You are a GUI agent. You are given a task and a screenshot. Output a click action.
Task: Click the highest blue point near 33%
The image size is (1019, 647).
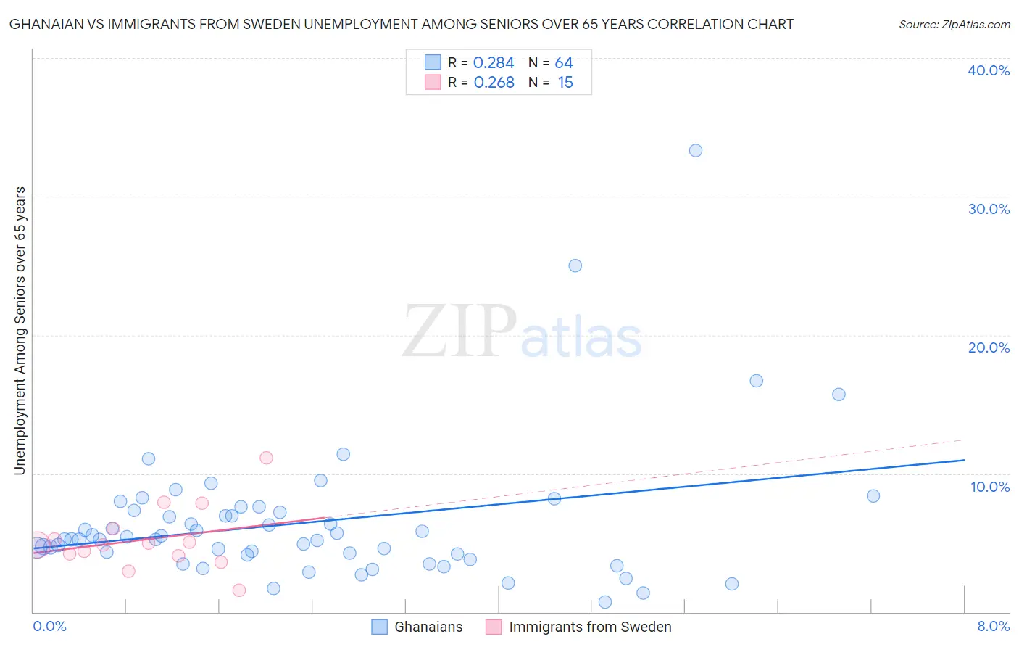(x=695, y=151)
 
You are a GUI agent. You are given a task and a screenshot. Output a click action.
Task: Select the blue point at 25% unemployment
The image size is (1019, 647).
(x=575, y=265)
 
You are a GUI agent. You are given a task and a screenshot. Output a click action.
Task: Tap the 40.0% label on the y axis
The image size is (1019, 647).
(x=989, y=70)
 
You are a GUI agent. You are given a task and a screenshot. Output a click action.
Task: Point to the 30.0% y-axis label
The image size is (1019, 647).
(x=989, y=209)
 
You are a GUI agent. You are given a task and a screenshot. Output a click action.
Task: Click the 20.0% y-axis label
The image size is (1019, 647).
(x=989, y=347)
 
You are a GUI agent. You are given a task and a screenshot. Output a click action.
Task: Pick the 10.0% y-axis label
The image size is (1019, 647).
(x=990, y=487)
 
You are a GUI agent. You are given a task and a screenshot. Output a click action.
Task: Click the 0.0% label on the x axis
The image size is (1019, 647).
(x=49, y=627)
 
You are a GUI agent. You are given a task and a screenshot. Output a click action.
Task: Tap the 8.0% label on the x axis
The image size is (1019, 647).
(x=993, y=627)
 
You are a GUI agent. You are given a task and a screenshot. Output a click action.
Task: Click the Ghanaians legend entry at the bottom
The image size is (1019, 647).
(x=428, y=627)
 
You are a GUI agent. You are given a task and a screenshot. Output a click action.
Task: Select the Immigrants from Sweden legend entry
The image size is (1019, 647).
(x=589, y=627)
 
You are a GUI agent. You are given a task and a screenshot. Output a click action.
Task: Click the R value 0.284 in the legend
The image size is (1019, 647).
(x=494, y=63)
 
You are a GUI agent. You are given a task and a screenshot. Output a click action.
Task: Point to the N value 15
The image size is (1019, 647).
(x=565, y=83)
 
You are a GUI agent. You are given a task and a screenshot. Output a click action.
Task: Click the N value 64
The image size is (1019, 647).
(x=564, y=63)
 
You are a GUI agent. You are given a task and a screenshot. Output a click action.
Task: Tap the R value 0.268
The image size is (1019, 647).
(x=494, y=83)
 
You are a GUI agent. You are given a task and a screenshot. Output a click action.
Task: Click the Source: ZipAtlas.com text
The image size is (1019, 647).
(x=954, y=25)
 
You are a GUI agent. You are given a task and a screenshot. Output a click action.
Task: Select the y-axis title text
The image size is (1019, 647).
(x=20, y=331)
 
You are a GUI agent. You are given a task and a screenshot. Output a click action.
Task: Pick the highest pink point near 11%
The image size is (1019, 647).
(x=266, y=458)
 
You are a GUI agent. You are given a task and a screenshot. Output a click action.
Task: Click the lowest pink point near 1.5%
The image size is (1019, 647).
(x=238, y=590)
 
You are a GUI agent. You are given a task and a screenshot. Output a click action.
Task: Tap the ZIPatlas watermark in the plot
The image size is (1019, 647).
(x=522, y=333)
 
